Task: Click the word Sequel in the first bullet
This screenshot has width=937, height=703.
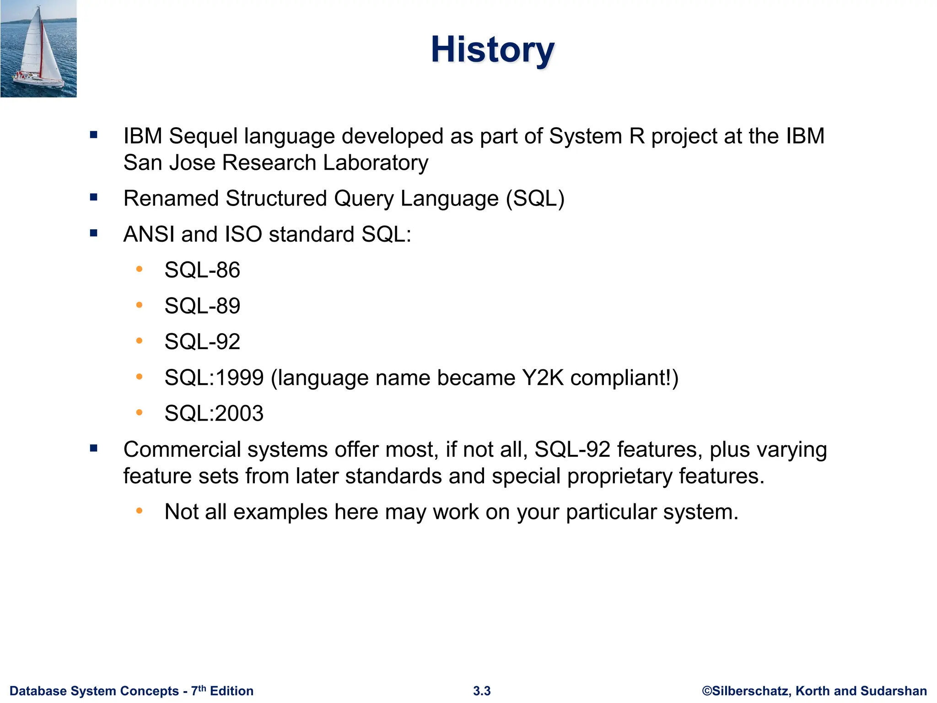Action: coord(203,136)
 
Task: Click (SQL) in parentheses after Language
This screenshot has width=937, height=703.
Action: coord(535,198)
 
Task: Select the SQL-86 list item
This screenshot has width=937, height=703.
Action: coord(202,270)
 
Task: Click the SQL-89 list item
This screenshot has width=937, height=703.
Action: coord(202,306)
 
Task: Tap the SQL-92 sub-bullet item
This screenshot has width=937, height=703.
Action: coord(202,341)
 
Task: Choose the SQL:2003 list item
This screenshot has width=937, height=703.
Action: coord(214,413)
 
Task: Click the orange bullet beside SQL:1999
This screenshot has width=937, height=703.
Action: coord(139,377)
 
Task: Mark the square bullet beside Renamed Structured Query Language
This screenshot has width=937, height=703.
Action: coord(94,198)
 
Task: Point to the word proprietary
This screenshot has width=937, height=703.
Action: coord(619,476)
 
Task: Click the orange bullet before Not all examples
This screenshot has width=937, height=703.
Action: coord(139,511)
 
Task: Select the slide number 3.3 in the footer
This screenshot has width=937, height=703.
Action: coord(482,691)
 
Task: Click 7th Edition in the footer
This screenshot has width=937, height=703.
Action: coord(222,691)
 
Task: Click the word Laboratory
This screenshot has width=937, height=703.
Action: coord(375,162)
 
